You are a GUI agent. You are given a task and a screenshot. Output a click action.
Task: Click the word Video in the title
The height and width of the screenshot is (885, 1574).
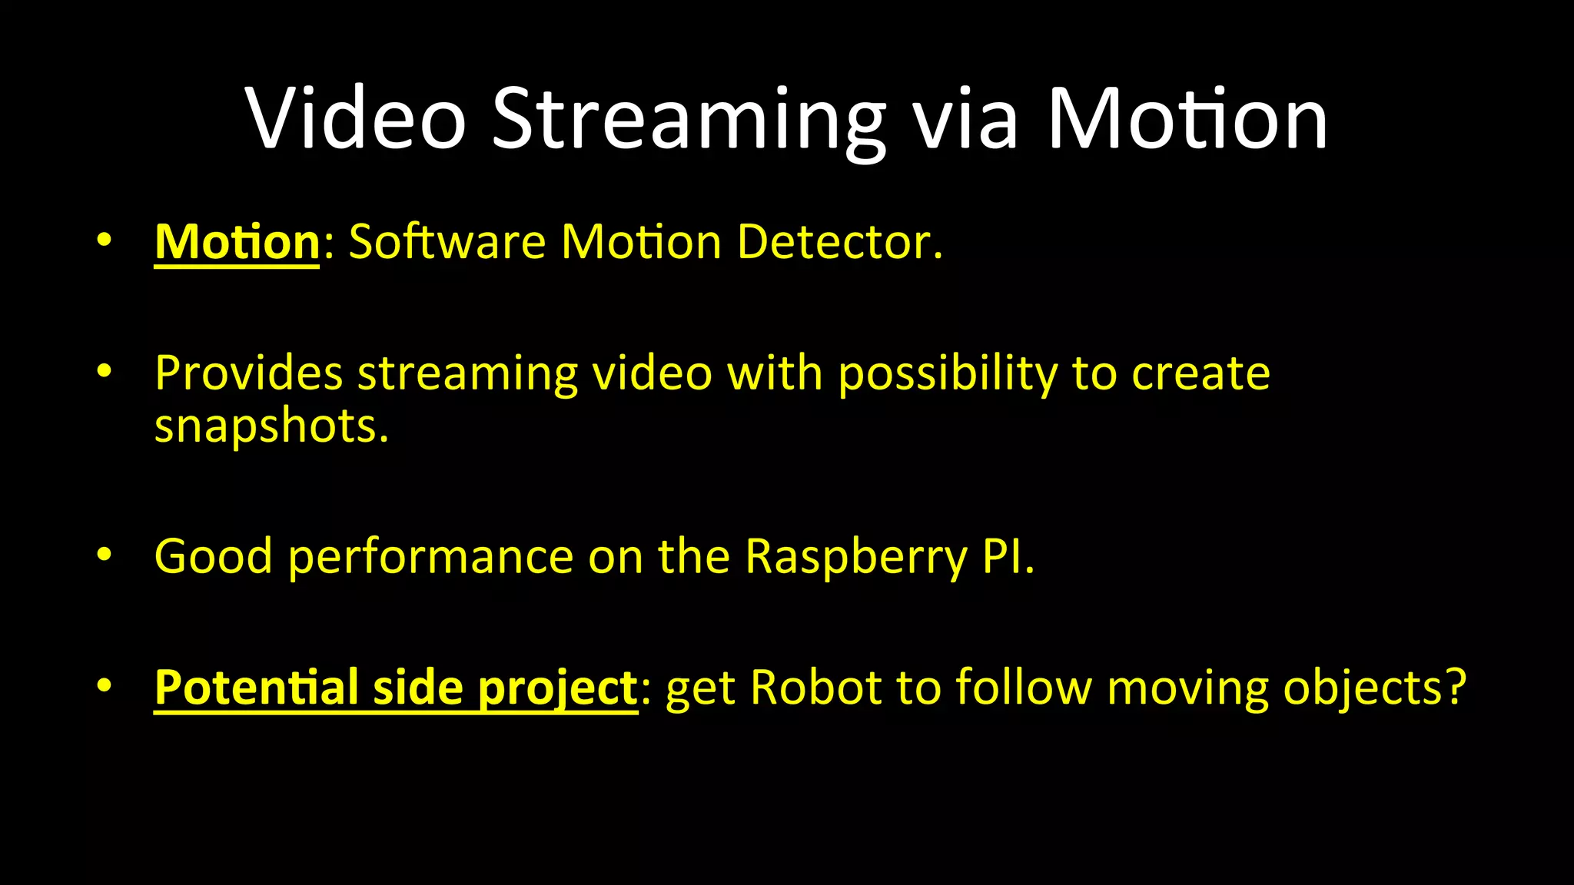pyautogui.click(x=355, y=118)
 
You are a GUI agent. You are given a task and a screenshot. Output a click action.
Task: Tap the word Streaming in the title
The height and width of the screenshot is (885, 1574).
pyautogui.click(x=689, y=118)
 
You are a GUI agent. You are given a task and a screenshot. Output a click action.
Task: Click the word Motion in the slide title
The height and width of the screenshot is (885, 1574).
pyautogui.click(x=1187, y=118)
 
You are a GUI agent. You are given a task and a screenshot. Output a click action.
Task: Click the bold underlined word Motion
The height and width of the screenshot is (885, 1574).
pyautogui.click(x=237, y=242)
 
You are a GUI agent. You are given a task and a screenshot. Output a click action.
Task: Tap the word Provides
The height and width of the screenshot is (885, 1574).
pyautogui.click(x=248, y=373)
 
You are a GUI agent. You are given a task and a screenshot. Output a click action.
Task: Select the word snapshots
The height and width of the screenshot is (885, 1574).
pyautogui.click(x=271, y=426)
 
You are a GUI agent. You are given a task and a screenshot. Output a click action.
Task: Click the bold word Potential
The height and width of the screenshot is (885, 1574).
pyautogui.click(x=256, y=687)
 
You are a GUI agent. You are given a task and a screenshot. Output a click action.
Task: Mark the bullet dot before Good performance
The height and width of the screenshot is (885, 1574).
pyautogui.click(x=105, y=554)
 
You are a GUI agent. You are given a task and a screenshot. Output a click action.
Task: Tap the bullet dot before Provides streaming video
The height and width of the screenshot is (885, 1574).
pyautogui.click(x=105, y=372)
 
